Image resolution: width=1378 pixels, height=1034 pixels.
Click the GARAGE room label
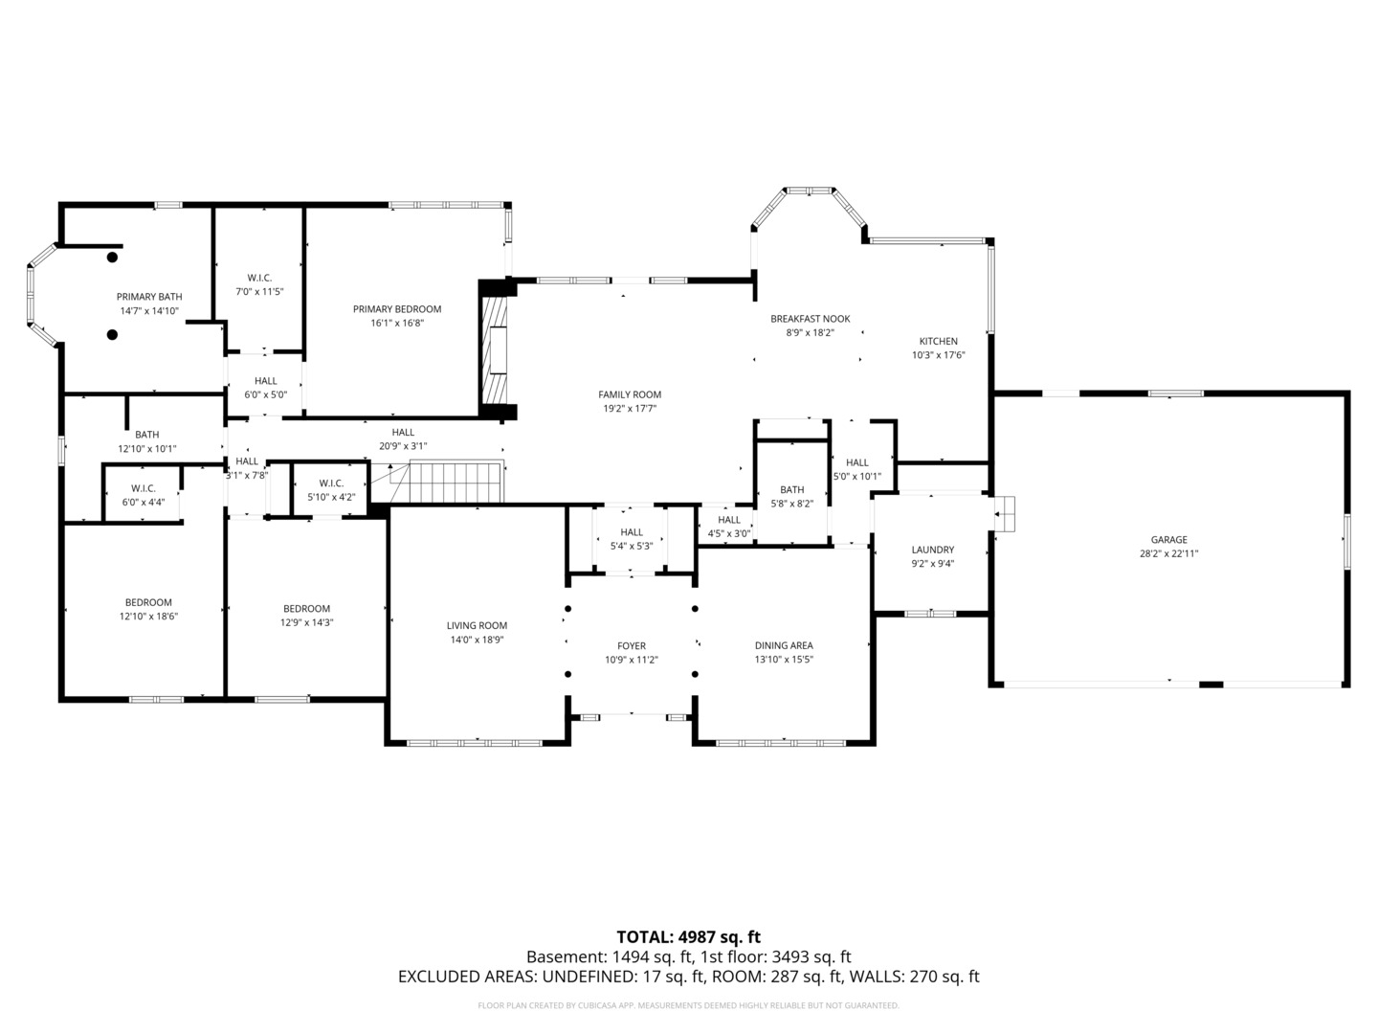click(1168, 540)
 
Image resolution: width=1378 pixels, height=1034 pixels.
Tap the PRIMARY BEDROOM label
click(397, 309)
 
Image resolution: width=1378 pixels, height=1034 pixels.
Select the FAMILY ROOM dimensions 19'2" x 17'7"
click(629, 408)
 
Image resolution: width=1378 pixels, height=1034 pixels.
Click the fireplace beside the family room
click(496, 350)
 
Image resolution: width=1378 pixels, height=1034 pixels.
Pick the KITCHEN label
click(938, 342)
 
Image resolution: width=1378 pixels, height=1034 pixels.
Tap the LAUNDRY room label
click(932, 550)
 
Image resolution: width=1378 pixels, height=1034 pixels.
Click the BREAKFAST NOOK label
click(810, 319)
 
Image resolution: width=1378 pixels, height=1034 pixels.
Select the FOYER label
click(631, 646)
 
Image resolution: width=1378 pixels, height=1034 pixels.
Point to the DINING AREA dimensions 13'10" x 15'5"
click(784, 660)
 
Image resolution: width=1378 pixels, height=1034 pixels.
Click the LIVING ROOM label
click(477, 626)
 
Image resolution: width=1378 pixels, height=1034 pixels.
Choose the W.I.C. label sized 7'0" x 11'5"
click(259, 278)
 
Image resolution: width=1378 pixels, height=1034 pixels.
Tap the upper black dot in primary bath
click(112, 257)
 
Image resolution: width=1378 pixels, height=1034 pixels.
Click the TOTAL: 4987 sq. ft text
click(688, 936)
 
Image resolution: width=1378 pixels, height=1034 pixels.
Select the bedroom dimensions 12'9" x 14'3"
click(306, 622)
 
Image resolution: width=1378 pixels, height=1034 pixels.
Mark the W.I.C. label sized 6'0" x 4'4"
click(144, 488)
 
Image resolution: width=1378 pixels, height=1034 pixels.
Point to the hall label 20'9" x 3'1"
click(403, 433)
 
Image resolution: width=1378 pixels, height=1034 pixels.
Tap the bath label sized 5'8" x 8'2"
click(791, 490)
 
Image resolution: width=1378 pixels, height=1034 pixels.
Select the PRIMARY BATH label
click(149, 297)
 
